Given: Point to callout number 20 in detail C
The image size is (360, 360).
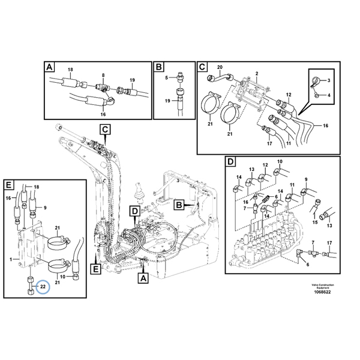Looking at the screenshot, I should (x=219, y=67).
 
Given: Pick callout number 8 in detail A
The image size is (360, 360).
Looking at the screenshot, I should (x=103, y=76).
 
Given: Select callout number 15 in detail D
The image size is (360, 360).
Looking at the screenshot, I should (x=315, y=221).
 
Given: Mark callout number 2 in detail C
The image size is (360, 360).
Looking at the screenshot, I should (x=256, y=73).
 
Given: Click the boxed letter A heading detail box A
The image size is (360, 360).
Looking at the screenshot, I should (x=49, y=67).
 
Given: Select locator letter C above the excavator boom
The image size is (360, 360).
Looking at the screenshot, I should (x=104, y=128).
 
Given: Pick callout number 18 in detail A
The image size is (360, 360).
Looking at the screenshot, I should (x=70, y=70).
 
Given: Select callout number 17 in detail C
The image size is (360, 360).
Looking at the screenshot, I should (x=269, y=143).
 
